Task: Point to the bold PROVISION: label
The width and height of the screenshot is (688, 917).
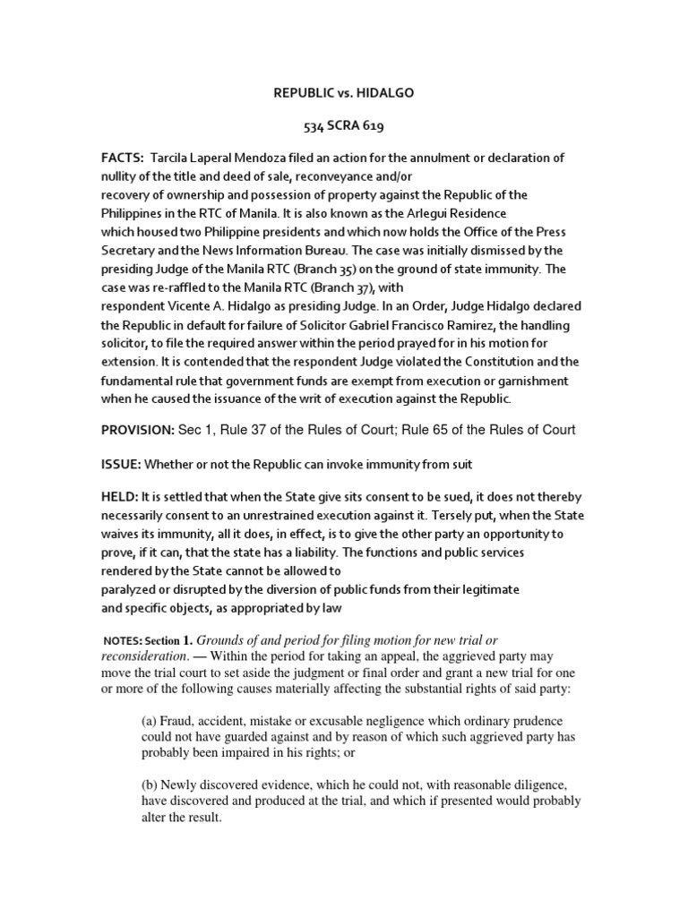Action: pos(137,430)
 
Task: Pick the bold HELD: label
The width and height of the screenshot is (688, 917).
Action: pos(120,496)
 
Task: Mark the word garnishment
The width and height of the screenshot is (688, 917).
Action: pos(524,381)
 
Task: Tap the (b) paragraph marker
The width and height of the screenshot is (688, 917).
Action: pos(151,784)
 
